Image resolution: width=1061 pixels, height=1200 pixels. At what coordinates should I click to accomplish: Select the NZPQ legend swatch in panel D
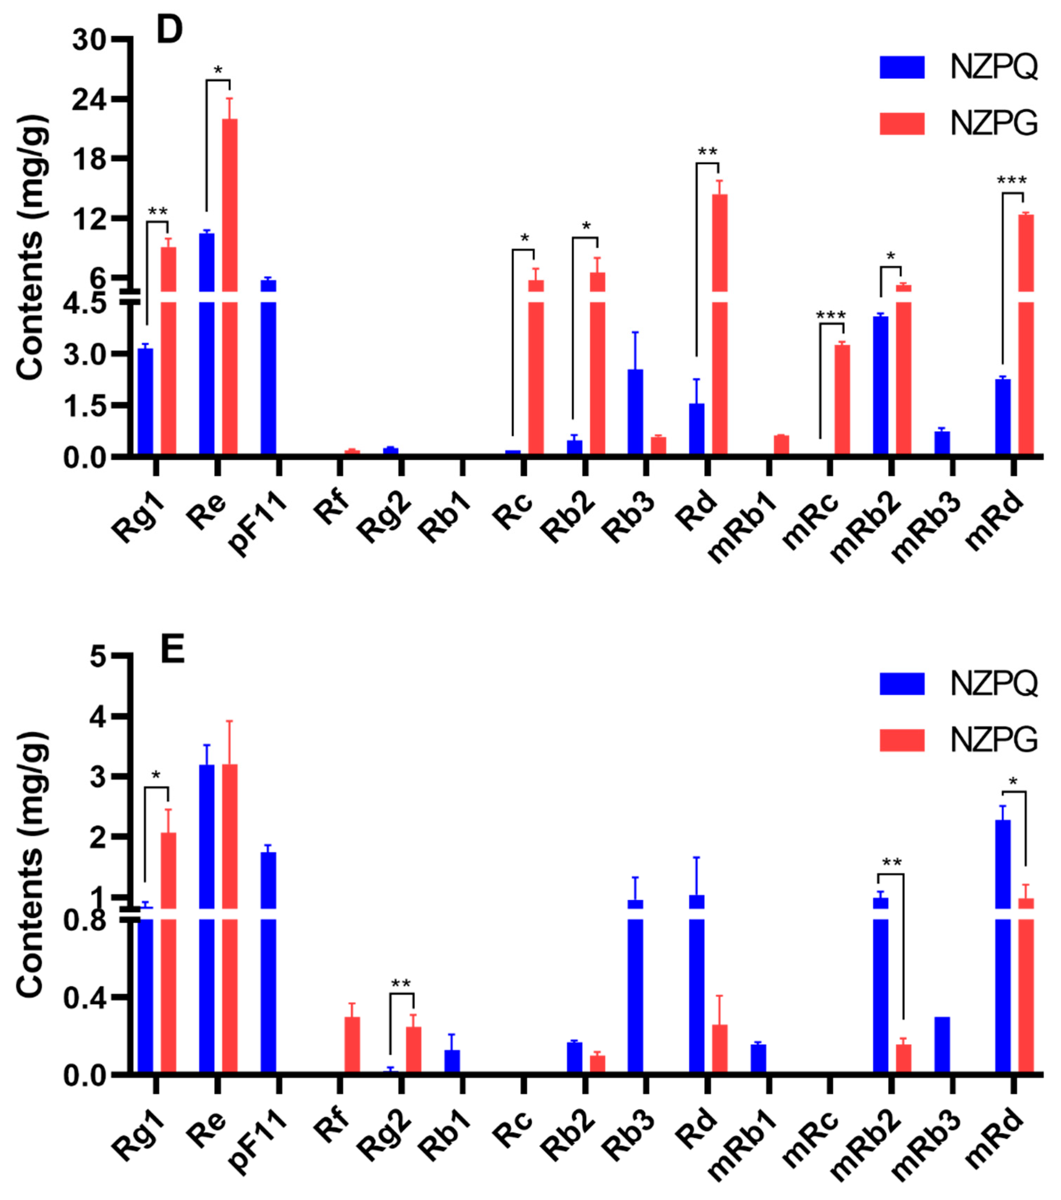pos(902,67)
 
